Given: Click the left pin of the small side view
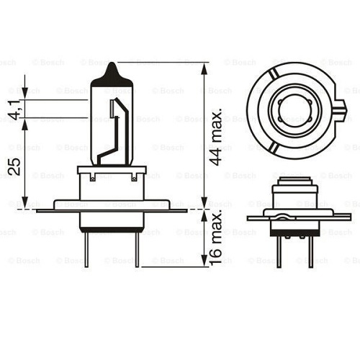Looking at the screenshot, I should point(280,248).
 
